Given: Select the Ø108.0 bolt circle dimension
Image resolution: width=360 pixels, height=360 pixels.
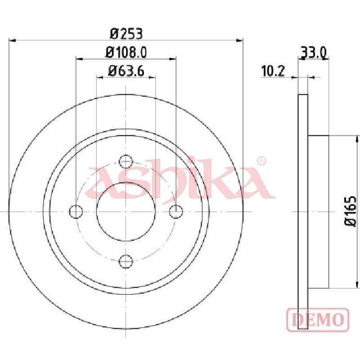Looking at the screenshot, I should coord(126,53).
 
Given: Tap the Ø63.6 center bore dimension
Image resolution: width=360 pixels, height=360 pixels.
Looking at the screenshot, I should coord(126,71).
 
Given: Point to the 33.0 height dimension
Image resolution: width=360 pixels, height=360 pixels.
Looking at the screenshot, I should coord(313,53).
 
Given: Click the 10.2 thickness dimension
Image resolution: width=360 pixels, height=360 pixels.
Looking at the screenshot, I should coord(273,71).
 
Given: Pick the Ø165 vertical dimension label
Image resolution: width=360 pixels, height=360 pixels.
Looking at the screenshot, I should coord(351,211).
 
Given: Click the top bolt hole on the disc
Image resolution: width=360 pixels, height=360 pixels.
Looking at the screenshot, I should coord(126,162).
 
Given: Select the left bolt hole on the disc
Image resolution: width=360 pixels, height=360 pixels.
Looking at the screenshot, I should coord(76,211).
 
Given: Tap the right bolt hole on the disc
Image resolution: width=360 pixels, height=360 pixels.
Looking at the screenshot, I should coord(175,211).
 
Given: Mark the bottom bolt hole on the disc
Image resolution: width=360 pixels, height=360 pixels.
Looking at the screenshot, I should coord(126,261).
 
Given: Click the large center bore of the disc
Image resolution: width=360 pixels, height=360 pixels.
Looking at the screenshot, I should coord(126,211).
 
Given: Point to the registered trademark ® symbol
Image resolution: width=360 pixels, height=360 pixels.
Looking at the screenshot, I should coord(261,161).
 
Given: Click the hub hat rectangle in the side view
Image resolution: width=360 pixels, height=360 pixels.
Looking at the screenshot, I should coord(318,211).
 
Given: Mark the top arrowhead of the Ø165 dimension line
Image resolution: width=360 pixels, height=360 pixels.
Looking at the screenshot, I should coord(357,139).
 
